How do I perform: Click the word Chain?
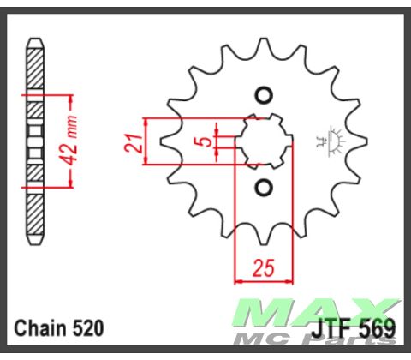(40, 327)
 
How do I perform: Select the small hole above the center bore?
(263, 95)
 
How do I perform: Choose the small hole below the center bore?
(263, 187)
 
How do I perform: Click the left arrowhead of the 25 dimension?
(238, 279)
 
